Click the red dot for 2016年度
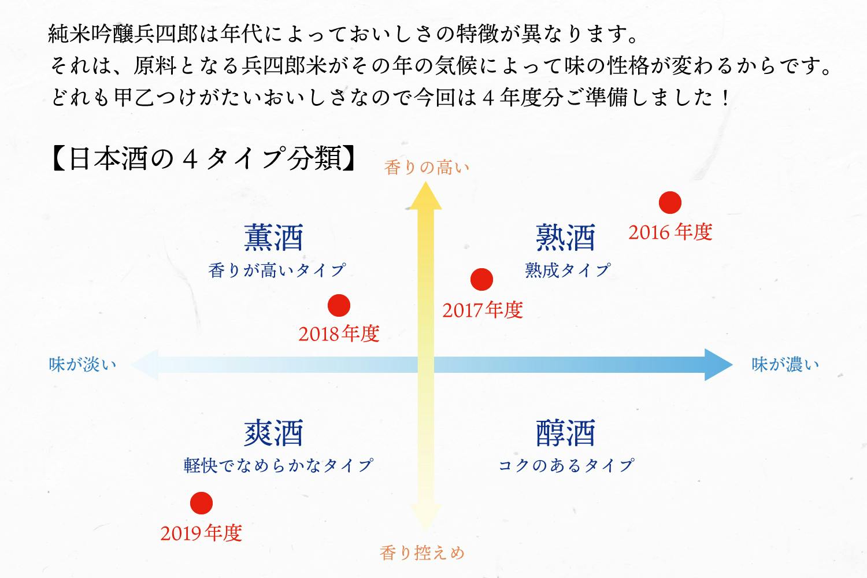coord(670,202)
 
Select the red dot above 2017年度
coord(481,279)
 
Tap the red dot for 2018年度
coord(339,305)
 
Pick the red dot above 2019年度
coord(201,503)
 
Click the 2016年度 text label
coord(670,232)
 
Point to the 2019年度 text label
coord(201,533)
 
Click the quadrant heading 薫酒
coord(273,238)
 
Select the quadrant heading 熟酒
coord(565,238)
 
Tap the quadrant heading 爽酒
coord(273,432)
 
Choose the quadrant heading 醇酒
coord(565,432)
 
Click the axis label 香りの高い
coord(427,168)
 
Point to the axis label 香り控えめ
coord(422,553)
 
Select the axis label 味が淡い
coord(83,365)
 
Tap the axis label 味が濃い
coord(786,365)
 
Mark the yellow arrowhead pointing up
coord(425,197)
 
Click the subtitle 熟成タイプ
coord(568,271)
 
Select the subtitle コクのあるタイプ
coord(566,465)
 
